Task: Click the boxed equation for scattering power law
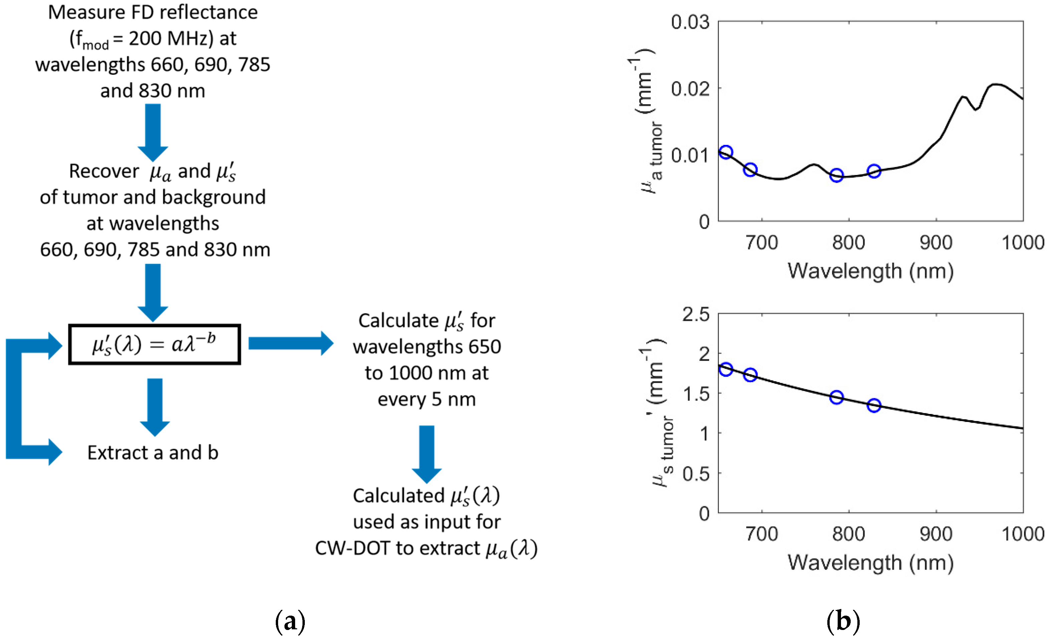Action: [154, 345]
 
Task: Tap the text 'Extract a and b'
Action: [153, 452]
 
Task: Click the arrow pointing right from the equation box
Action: [290, 343]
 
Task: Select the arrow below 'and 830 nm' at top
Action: [153, 132]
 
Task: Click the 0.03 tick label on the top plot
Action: [690, 22]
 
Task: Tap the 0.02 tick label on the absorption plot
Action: [690, 89]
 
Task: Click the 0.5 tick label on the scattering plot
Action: [696, 474]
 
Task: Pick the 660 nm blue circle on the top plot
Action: [725, 152]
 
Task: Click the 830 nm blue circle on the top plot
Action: [874, 171]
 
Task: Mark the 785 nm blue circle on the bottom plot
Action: [836, 397]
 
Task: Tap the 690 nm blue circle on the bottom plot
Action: [750, 375]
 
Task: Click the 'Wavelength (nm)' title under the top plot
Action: [870, 271]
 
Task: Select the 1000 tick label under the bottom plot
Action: [1023, 534]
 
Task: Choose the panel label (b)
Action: [843, 622]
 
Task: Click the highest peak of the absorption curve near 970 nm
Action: [995, 84]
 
